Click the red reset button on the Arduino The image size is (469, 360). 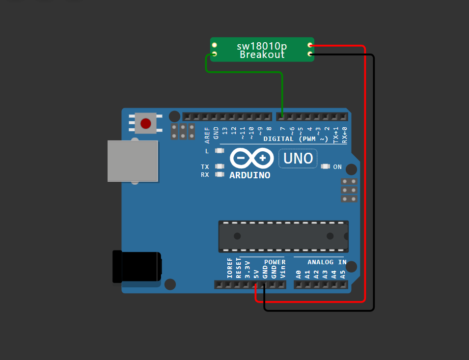coord(146,123)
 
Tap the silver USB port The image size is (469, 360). coord(133,161)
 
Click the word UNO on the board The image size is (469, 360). coord(298,158)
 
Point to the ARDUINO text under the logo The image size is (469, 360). coord(249,175)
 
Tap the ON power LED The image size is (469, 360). coord(325,167)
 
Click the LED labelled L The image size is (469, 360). coord(220,151)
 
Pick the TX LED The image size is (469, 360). coord(220,167)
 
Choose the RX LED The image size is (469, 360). coord(220,174)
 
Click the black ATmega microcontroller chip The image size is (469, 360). coord(283,236)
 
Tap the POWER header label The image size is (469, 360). coord(275,262)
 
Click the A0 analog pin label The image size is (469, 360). coord(298,274)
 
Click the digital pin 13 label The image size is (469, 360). coord(225,131)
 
